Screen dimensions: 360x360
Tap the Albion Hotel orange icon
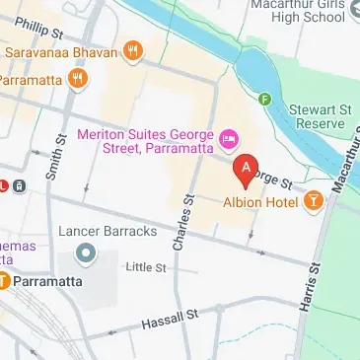pos(315,201)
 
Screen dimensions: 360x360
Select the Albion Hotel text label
pos(261,202)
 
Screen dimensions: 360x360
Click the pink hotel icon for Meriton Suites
pos(228,137)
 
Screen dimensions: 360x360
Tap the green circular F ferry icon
pos(263,99)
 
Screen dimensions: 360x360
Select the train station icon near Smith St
pos(20,184)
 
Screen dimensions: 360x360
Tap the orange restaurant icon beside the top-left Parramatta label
pos(74,79)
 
